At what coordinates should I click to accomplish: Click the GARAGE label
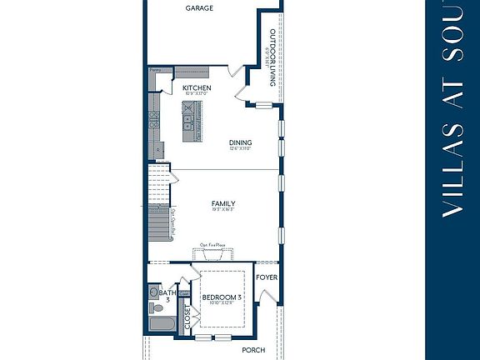click(199, 7)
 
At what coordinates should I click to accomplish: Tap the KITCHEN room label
click(197, 87)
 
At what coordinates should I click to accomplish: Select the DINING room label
click(240, 142)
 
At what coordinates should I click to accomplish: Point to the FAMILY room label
click(222, 203)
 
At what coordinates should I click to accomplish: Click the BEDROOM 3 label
click(222, 297)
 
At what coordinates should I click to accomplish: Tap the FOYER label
click(267, 277)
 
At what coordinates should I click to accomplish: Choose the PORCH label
click(253, 351)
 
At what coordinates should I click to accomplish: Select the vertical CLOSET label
click(187, 317)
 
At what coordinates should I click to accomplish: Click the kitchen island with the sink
click(192, 121)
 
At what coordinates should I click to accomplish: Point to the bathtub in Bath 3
click(161, 325)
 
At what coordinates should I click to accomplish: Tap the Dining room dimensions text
click(240, 149)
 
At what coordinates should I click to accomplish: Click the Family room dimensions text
click(222, 210)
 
